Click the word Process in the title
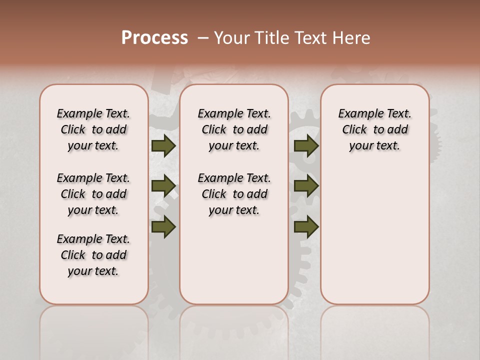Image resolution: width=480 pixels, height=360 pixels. click(x=154, y=38)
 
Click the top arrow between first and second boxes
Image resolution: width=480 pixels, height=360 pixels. click(x=163, y=145)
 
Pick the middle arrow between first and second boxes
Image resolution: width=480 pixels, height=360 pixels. click(x=163, y=186)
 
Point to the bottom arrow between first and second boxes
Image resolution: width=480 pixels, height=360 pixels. click(x=163, y=226)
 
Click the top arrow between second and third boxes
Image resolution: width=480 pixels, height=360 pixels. click(x=306, y=145)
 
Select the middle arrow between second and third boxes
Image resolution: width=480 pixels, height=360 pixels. click(x=306, y=186)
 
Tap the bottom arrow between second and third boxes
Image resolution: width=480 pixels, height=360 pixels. click(x=306, y=226)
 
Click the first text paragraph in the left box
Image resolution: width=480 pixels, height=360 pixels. click(x=93, y=129)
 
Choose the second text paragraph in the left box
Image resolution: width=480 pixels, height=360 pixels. click(x=93, y=194)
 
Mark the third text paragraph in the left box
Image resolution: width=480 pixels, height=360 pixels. click(x=93, y=255)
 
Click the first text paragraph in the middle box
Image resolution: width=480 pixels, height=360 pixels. click(x=234, y=129)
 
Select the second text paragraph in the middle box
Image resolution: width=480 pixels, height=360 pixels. click(x=234, y=194)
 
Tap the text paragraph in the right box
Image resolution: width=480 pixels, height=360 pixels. click(x=374, y=129)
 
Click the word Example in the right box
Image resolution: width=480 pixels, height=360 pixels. click(x=356, y=114)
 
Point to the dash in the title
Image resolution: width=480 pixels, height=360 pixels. click(x=203, y=38)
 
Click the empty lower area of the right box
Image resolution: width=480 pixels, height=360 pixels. click(x=374, y=235)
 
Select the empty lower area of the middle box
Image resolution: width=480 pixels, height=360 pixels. click(x=234, y=260)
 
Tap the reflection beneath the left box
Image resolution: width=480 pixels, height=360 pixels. click(x=93, y=330)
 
